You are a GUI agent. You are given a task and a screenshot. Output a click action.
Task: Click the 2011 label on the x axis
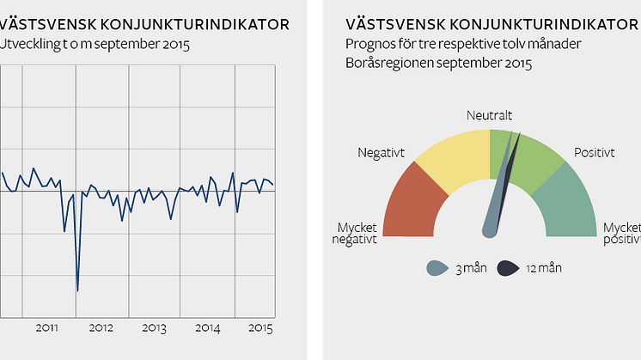point(47,328)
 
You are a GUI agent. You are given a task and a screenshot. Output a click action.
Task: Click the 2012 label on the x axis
point(101,328)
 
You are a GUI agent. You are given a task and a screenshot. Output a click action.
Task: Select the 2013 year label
point(154,328)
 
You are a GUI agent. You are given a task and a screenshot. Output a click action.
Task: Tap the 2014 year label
point(207,328)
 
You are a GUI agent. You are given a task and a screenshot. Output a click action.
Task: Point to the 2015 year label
point(259,328)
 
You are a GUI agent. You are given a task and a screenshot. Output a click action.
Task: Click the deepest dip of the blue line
point(77,290)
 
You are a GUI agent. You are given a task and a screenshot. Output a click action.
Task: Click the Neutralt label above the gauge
point(490,114)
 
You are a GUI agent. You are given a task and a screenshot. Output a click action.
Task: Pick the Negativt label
point(381,153)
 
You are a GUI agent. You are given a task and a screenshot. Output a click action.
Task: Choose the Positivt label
point(594,153)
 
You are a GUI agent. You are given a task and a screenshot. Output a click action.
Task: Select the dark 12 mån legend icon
point(508,268)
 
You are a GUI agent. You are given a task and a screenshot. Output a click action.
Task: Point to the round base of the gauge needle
point(490,229)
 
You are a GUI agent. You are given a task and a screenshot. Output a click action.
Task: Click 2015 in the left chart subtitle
point(175,42)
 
